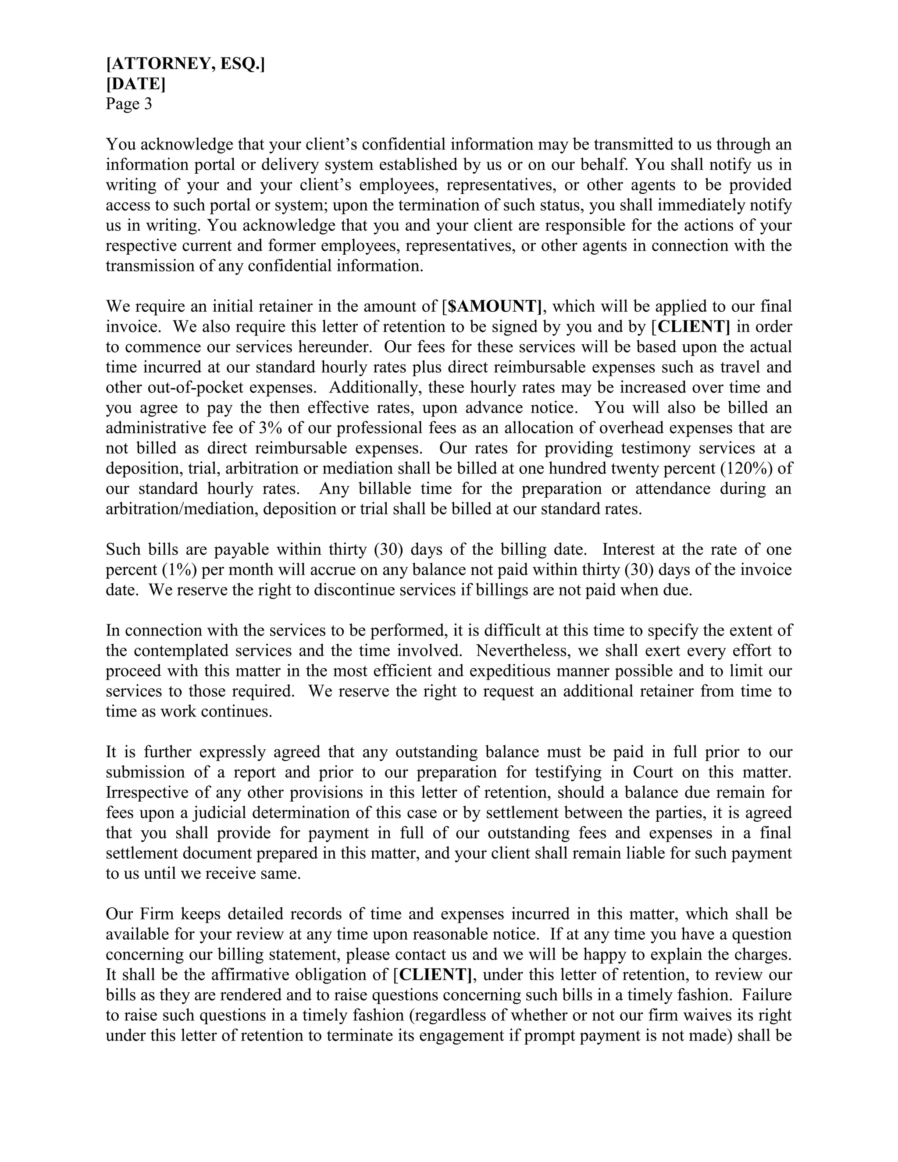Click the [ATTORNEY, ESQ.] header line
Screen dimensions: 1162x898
185,64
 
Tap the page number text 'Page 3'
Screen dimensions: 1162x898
129,104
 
